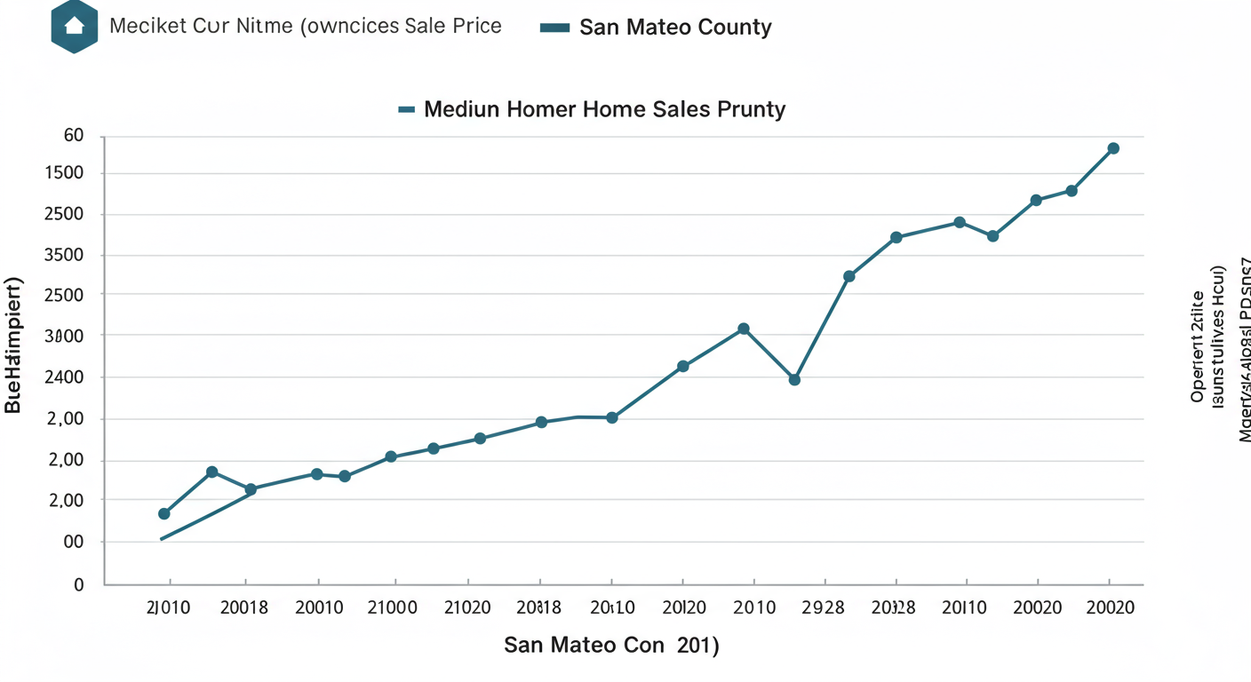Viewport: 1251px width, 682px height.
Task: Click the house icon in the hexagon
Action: click(74, 26)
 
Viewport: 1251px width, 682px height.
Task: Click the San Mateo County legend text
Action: click(675, 28)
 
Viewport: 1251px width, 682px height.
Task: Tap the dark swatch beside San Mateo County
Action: click(554, 28)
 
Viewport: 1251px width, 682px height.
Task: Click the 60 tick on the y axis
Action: click(74, 136)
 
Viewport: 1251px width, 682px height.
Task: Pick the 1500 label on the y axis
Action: click(63, 173)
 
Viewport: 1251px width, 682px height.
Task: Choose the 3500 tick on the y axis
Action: click(63, 256)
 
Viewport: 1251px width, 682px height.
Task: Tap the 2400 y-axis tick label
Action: click(63, 377)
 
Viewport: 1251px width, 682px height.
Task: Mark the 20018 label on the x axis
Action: click(244, 608)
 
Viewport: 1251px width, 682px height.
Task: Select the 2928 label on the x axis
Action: click(824, 608)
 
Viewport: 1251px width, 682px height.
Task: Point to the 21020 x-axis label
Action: click(467, 608)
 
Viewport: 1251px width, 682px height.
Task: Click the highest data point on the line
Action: click(1113, 148)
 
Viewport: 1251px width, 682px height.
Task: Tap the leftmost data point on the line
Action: click(163, 514)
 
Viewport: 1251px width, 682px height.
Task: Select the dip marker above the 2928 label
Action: click(794, 380)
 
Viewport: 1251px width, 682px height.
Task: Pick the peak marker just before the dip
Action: click(744, 329)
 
